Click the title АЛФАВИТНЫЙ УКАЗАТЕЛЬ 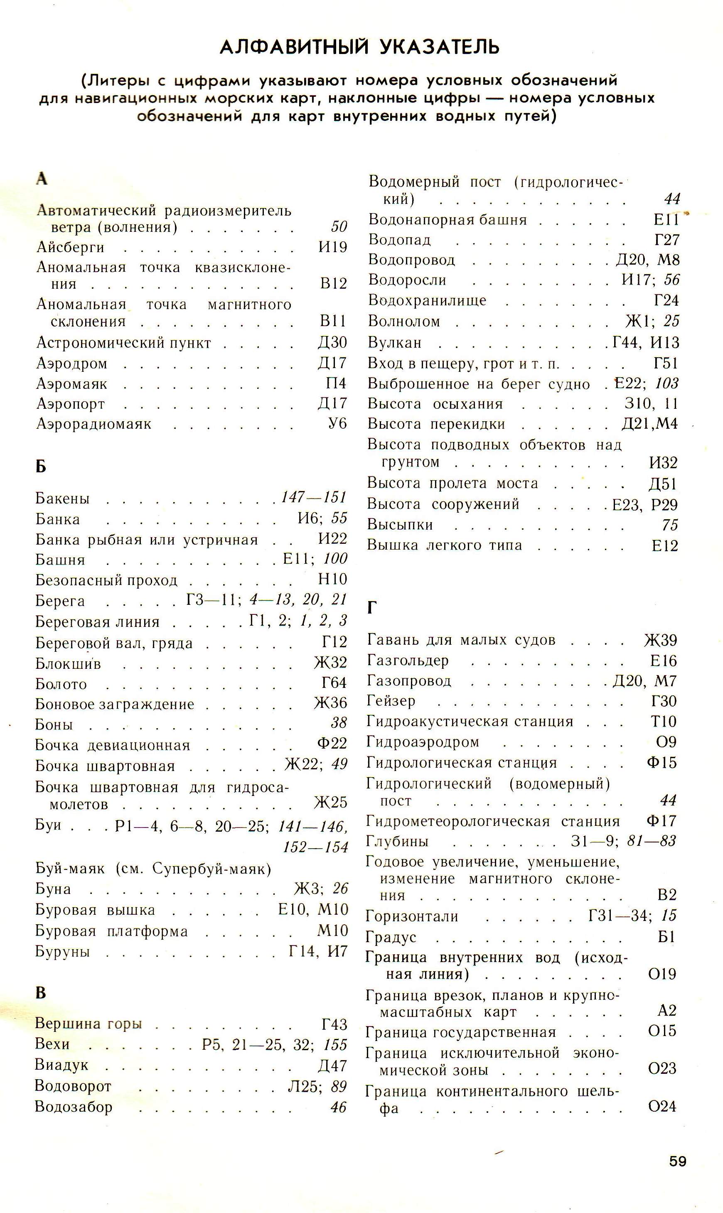(x=359, y=47)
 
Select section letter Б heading (x=41, y=467)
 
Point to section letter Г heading (x=372, y=608)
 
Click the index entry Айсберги (x=71, y=247)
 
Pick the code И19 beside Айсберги (x=333, y=247)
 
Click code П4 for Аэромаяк (x=336, y=384)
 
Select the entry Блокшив (x=68, y=664)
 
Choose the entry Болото (x=61, y=684)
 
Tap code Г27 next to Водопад (x=666, y=240)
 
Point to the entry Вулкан (x=395, y=343)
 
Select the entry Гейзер (x=391, y=701)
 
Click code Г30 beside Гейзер (x=664, y=701)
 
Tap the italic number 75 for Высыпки (x=670, y=525)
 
